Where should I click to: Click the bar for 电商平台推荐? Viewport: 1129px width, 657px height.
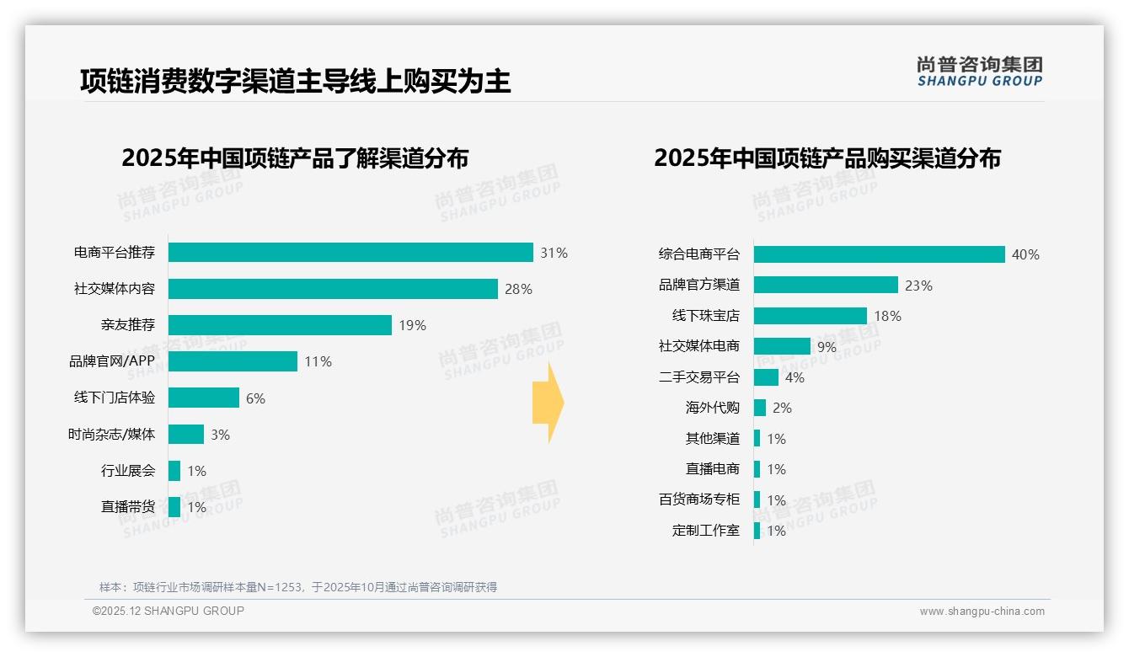tap(350, 253)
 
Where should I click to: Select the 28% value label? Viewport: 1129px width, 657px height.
tap(518, 289)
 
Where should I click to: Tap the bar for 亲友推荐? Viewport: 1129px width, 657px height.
tap(280, 325)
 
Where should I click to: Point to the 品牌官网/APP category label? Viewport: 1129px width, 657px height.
tap(112, 361)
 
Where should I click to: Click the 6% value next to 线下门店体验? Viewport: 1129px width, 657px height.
tap(255, 398)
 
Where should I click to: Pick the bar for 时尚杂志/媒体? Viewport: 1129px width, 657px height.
tap(186, 434)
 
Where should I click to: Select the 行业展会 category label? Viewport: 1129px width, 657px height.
tap(128, 471)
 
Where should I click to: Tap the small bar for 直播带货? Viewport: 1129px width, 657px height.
tap(174, 507)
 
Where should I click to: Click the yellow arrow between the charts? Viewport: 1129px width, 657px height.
tap(548, 403)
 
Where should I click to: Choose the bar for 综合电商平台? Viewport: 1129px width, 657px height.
tap(879, 254)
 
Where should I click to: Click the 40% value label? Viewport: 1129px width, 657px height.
tap(1025, 254)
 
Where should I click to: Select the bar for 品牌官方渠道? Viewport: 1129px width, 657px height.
tap(826, 285)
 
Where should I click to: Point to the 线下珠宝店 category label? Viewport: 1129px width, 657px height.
tap(705, 316)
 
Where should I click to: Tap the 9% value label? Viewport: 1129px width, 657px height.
tap(827, 346)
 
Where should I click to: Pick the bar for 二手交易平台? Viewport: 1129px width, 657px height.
tap(766, 377)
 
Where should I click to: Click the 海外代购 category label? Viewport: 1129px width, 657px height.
tap(712, 408)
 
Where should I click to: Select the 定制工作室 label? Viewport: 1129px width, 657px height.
tap(705, 531)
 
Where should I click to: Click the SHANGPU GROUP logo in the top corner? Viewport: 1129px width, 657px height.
tap(979, 72)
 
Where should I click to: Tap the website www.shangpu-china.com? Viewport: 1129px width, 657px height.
tap(982, 612)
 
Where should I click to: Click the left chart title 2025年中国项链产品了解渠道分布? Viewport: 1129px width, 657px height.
tap(295, 158)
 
